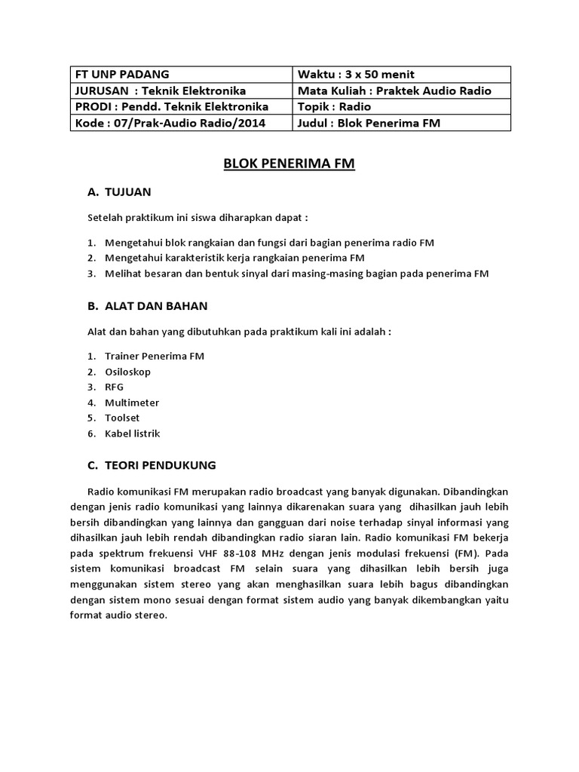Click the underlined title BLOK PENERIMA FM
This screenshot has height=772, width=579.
[x=289, y=163]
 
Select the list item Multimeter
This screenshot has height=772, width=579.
[x=133, y=403]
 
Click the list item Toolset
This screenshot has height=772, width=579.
[x=123, y=418]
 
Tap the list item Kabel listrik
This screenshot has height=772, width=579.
[x=133, y=433]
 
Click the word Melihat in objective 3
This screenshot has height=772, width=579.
[x=124, y=274]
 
